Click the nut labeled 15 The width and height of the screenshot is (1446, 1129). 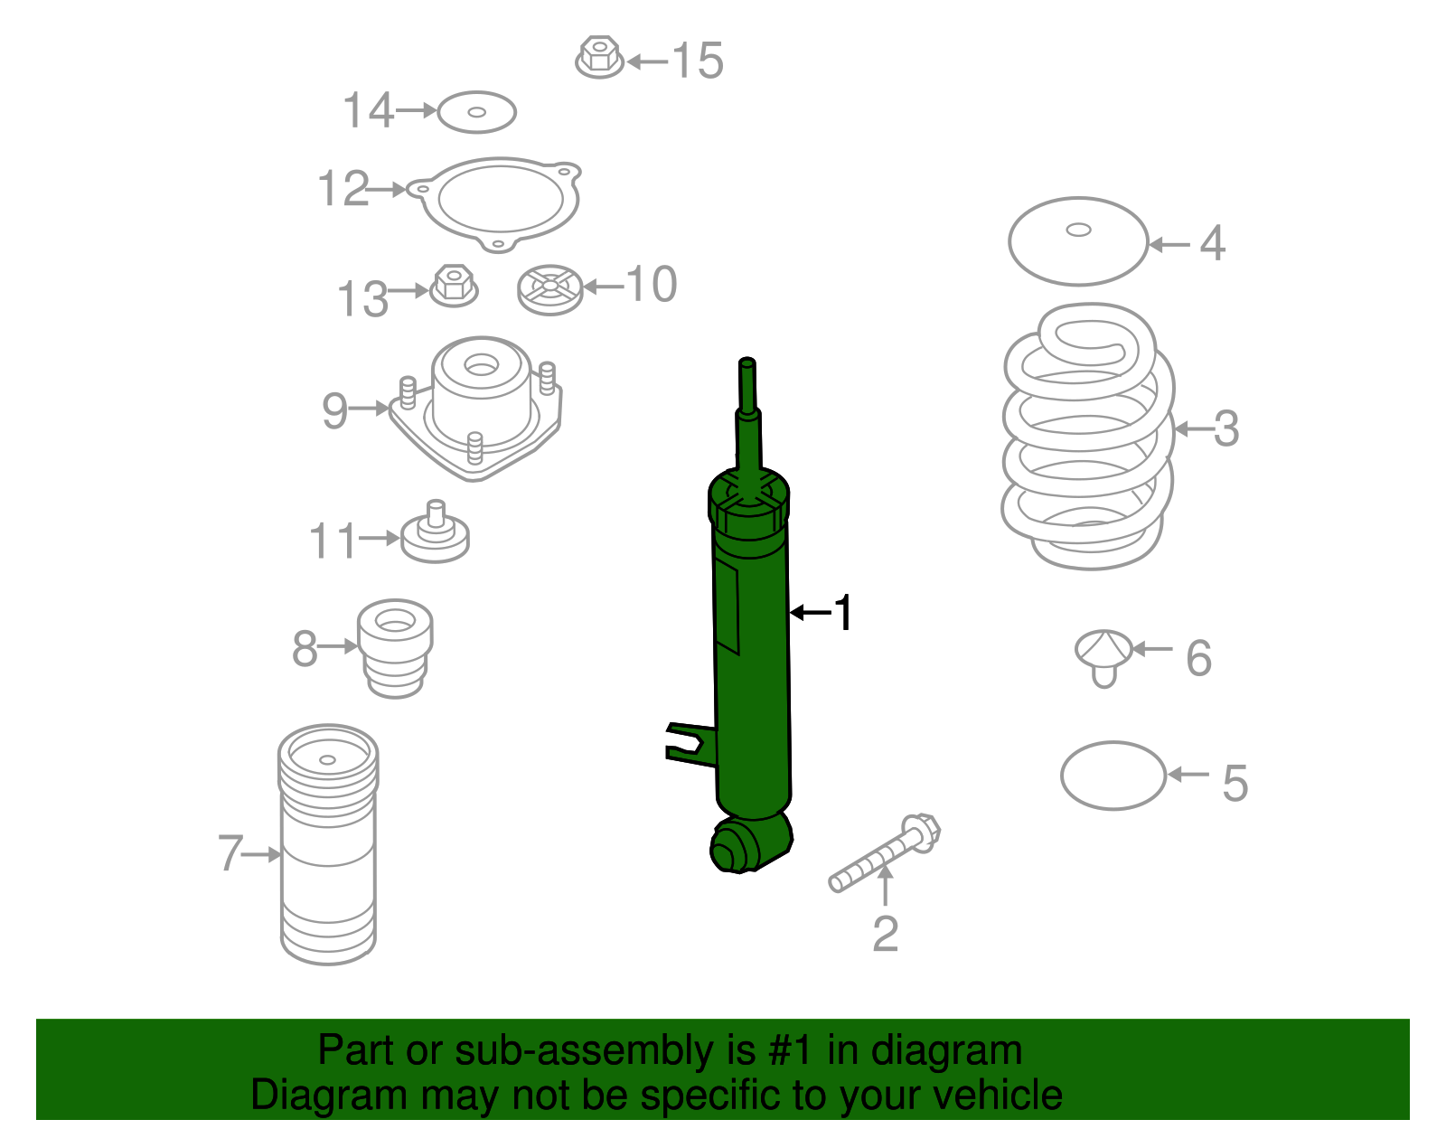599,57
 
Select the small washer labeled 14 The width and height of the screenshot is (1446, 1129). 476,112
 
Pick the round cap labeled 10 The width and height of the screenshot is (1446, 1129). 549,289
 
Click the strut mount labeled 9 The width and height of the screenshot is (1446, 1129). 479,407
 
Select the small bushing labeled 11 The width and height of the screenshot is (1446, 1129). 435,534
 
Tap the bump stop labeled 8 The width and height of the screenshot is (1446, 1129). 395,647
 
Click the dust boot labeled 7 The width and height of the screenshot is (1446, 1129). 327,845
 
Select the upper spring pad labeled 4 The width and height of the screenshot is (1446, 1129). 1077,240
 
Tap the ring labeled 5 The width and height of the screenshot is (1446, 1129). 1113,776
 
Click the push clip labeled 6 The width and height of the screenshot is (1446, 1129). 1103,654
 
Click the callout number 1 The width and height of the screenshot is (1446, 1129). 842,613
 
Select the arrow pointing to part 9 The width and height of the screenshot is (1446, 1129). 369,409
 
